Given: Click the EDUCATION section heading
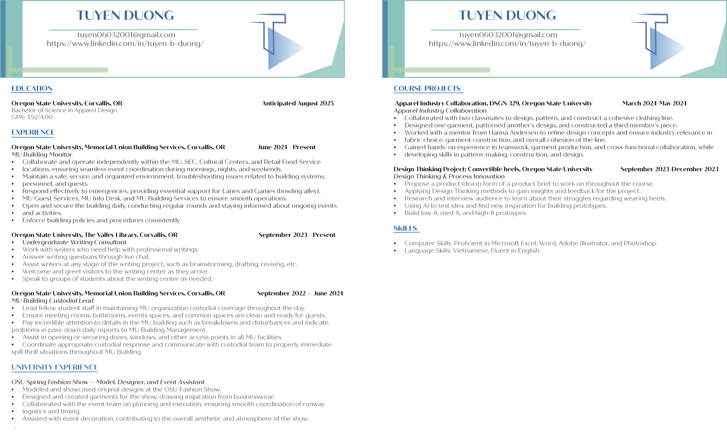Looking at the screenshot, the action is pos(32,88).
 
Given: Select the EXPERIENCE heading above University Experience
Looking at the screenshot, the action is pos(33,132).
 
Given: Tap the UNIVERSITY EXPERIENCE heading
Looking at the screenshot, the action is pos(54,367).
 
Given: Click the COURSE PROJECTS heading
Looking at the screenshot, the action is pos(427,88).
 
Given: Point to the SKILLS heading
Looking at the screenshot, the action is pos(405,228).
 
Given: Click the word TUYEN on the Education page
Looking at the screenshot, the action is pos(98,16).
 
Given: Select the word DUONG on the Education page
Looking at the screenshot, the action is pos(149,16).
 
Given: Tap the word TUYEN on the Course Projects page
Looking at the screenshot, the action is pos(480,16).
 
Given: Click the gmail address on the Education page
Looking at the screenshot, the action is pos(126,35).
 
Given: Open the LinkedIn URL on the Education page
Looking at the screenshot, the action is pos(125,44).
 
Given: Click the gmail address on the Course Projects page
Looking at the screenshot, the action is pos(508,35).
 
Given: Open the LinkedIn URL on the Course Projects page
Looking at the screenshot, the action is pos(507,44).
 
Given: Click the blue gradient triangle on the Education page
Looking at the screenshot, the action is pos(283,49).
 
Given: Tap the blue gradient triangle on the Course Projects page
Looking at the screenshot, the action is pos(665,49).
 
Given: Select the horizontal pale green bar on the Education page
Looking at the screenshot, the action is pos(59,70).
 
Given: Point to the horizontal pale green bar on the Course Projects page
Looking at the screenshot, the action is pos(441,70).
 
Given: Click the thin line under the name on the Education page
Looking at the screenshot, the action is pos(123,30).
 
